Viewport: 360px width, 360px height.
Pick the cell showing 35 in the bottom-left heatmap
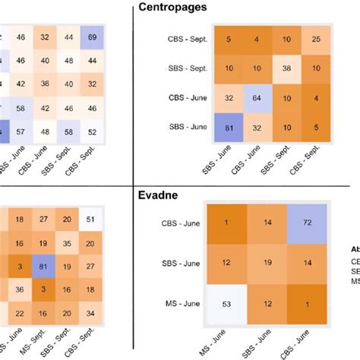click(68, 244)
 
